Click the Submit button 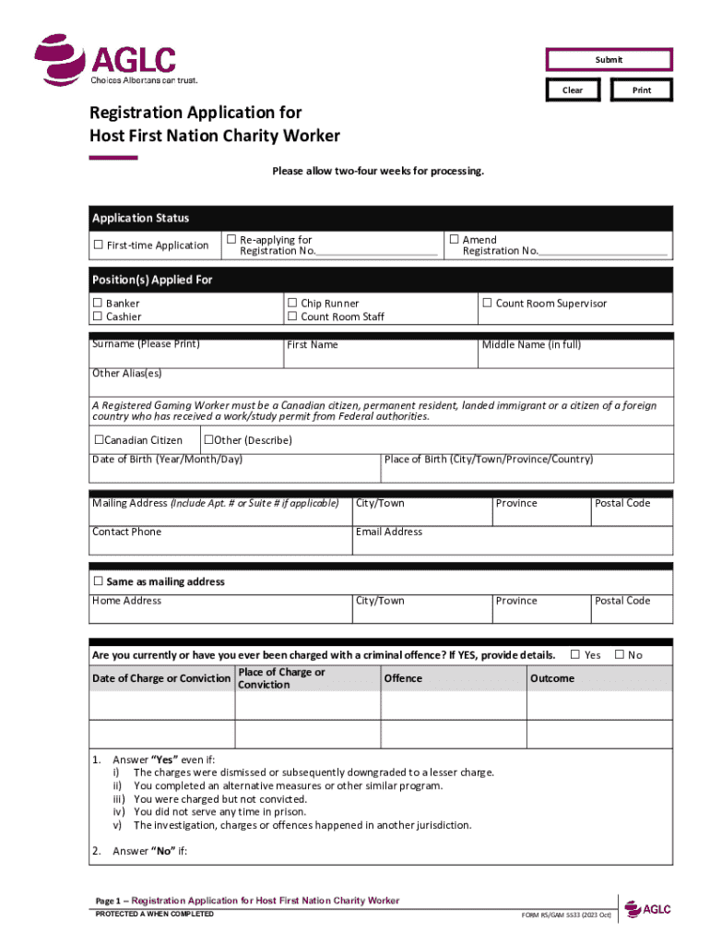609,60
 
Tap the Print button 642,90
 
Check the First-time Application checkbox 98,245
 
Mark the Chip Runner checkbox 292,304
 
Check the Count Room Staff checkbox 292,317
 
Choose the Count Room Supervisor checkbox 487,304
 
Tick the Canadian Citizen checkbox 99,440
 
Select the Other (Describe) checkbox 208,440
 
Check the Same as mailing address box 98,582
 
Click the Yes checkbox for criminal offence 575,655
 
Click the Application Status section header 140,219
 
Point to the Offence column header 403,678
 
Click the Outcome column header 552,678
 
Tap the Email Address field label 389,532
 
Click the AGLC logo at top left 105,61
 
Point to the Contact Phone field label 126,532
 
